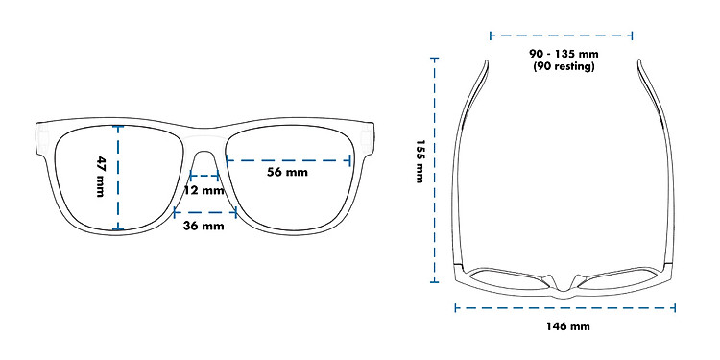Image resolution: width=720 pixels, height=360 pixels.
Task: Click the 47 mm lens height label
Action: point(101,177)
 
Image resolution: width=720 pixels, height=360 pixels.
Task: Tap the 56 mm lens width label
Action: point(287,172)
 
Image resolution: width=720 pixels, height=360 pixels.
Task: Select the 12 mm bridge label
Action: point(204,190)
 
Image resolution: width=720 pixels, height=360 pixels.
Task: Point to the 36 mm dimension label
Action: point(204,226)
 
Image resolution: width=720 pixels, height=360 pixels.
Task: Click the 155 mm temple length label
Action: point(420,161)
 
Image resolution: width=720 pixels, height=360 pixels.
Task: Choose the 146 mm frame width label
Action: point(568,326)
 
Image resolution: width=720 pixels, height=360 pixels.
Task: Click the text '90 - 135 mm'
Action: point(564,54)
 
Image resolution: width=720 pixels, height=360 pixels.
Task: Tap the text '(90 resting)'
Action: point(564,66)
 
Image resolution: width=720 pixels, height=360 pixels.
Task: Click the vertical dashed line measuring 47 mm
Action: point(118,178)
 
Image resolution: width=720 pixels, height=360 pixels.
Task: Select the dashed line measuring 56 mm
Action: point(289,160)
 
